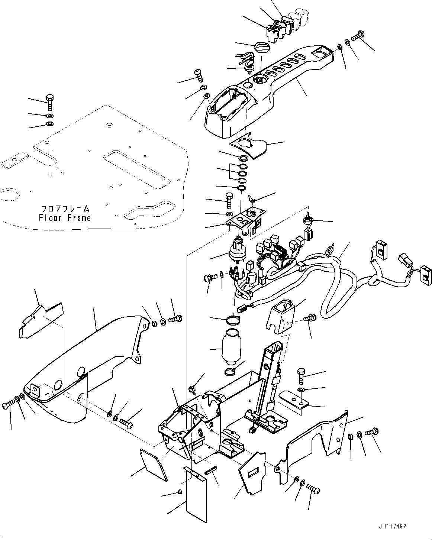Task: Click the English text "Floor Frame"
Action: coord(65,218)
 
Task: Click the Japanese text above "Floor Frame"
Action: coord(65,208)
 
